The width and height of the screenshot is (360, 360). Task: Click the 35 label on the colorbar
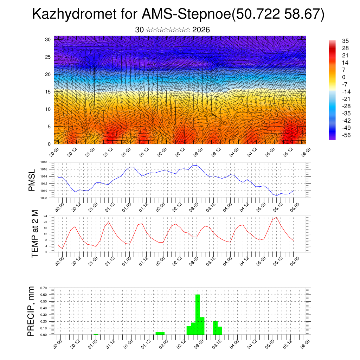point(346,41)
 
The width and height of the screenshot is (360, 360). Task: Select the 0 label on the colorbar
point(343,77)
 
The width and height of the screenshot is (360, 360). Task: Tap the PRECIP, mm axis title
point(32,311)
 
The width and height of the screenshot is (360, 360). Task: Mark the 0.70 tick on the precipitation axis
point(44,288)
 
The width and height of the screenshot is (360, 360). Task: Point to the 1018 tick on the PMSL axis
point(44,162)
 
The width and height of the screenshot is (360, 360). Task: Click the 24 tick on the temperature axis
point(45,216)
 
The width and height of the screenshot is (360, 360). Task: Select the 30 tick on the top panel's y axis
point(48,39)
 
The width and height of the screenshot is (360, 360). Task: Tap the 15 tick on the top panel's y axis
point(48,92)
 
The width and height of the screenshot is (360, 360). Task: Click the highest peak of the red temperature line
point(277,217)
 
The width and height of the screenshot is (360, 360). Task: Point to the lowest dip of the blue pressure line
point(277,195)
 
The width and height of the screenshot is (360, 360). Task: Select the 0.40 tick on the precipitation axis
point(44,308)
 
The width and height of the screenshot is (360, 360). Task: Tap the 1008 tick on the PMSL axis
point(44,198)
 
